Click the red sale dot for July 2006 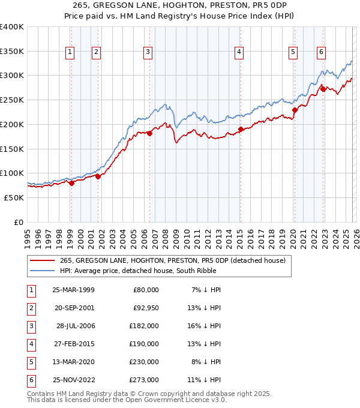pos(149,133)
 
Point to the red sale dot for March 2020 pos(295,110)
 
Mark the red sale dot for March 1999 pos(71,183)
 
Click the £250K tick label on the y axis pos(11,100)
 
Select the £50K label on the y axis pos(14,197)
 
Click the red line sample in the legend pos(42,260)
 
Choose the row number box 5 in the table pos(29,361)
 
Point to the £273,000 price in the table pos(144,379)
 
